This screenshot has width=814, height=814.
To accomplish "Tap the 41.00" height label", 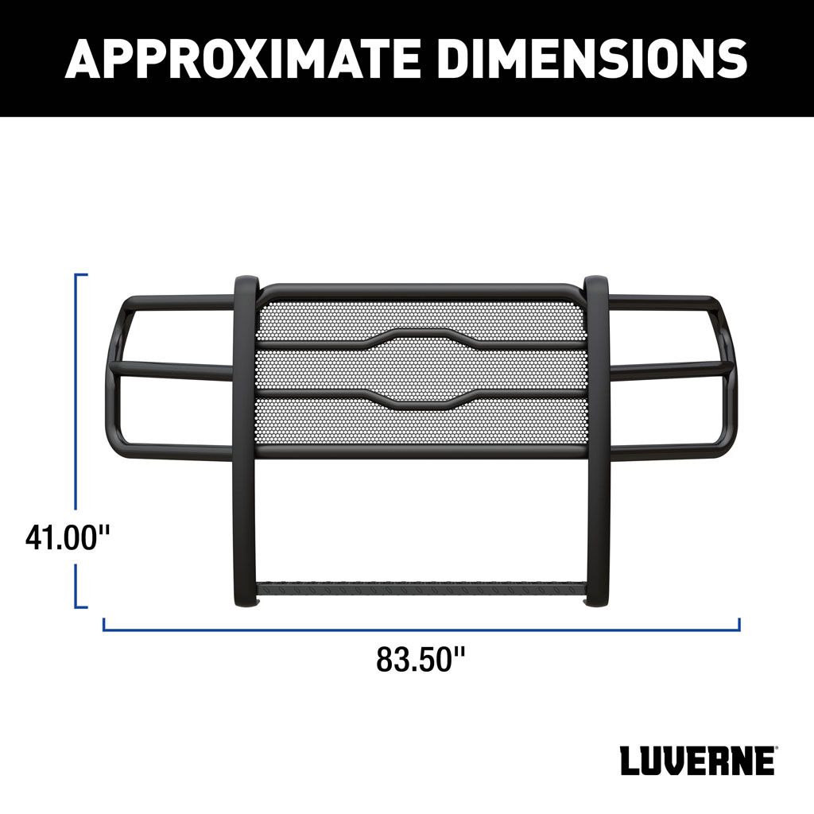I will click(67, 538).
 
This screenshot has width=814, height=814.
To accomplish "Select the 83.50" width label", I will click(421, 659).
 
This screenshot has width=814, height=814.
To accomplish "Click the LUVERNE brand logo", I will click(696, 761).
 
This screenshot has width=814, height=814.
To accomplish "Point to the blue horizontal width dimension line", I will click(421, 630).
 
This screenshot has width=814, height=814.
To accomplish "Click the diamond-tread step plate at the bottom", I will click(421, 590).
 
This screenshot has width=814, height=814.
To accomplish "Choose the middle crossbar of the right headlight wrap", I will click(672, 368).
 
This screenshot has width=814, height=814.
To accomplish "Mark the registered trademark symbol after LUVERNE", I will click(777, 749).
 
